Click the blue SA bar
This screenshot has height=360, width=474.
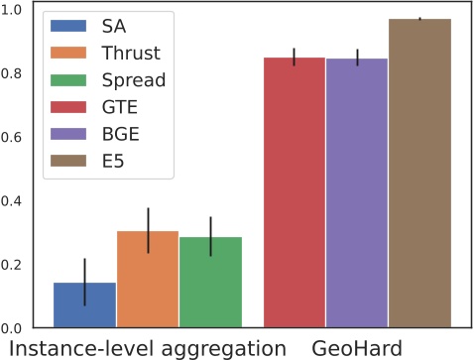click(x=85, y=304)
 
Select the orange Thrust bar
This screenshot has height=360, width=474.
click(x=148, y=279)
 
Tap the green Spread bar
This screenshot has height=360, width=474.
click(x=210, y=282)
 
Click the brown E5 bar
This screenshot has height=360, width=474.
click(x=419, y=174)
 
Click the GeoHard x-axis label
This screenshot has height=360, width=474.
click(x=357, y=348)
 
